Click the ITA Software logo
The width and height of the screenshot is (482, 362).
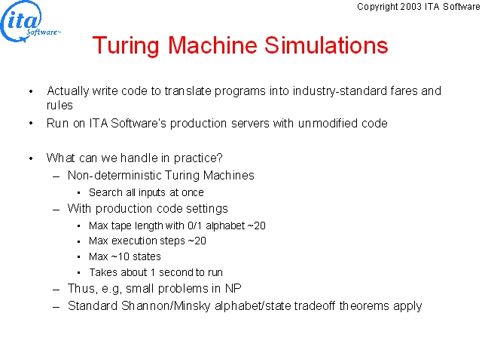point(30,22)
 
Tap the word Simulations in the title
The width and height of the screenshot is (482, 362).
point(326,45)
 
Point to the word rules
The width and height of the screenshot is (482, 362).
point(59,106)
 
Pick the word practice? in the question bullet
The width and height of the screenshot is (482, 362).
point(198,158)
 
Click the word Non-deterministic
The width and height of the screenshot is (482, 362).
point(114,175)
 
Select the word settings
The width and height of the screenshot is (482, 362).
point(207,209)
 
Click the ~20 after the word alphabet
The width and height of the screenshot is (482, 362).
point(256,225)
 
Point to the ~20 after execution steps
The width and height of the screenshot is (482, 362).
point(197,241)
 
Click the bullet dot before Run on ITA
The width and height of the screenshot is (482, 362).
point(31,124)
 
